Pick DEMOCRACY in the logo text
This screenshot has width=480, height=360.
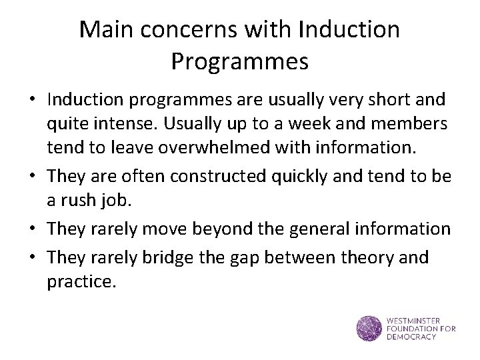(411, 337)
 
